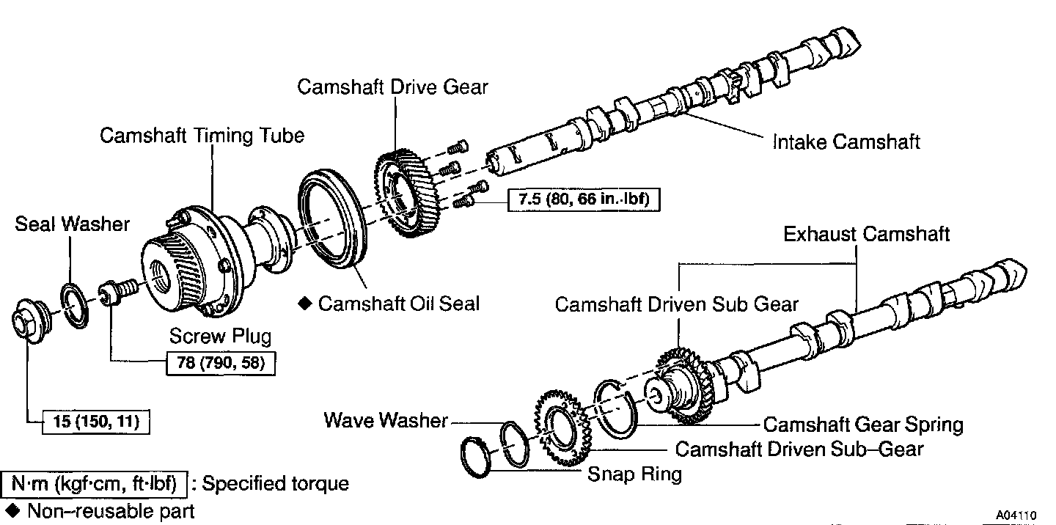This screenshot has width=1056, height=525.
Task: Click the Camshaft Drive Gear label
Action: click(392, 87)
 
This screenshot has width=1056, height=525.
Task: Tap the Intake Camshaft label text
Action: click(846, 142)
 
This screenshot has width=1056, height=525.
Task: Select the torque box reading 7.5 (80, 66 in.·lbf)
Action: click(583, 199)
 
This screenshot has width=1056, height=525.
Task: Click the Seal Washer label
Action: click(72, 224)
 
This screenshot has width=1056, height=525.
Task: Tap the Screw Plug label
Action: click(220, 337)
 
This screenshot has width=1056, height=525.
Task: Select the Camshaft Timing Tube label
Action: click(202, 136)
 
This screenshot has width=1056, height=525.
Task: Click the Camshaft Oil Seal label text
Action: click(398, 304)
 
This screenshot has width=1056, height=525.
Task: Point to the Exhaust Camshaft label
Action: click(866, 235)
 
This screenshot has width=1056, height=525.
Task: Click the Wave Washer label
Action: click(386, 421)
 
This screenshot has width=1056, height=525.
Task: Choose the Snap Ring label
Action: click(634, 474)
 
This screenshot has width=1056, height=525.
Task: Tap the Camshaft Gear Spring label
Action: click(863, 425)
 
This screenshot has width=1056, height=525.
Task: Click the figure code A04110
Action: click(1016, 515)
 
